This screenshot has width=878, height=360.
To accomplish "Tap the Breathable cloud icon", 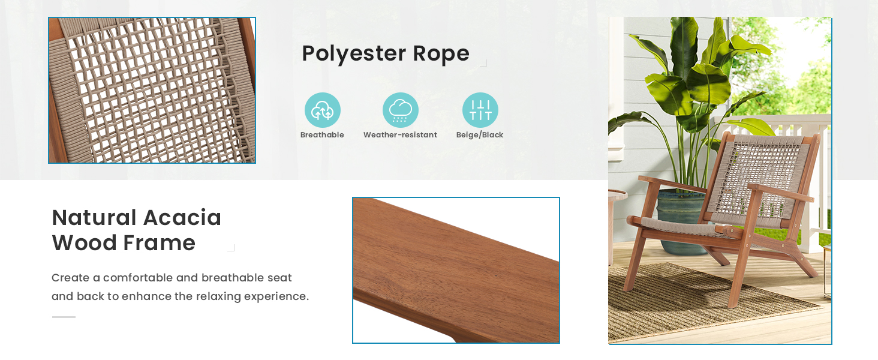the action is (323, 110).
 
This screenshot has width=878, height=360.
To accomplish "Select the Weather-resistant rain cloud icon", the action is (400, 110).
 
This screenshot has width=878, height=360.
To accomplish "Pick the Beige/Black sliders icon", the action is (480, 110).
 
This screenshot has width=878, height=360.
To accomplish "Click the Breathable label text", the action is (322, 135).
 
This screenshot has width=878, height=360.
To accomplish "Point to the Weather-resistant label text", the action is (400, 135).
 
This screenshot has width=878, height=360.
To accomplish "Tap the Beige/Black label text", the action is (480, 135).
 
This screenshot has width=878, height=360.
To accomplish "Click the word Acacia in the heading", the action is (182, 218).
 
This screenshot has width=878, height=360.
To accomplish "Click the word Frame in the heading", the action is (159, 243).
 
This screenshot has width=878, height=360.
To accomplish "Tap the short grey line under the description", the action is (64, 317).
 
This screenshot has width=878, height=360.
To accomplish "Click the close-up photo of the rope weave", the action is (152, 90).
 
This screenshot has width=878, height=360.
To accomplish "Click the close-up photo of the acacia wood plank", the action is (456, 270).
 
